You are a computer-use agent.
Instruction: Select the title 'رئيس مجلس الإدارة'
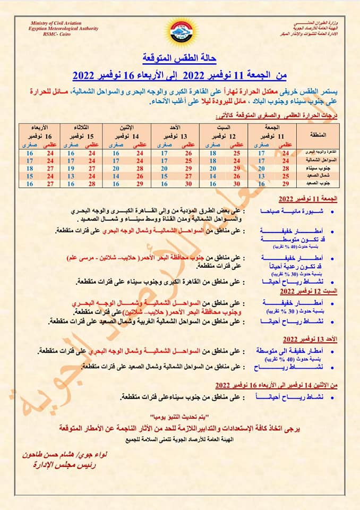tap(59, 465)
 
